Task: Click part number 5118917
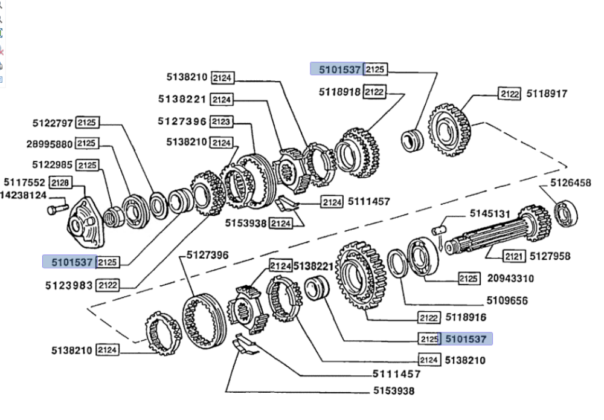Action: tap(547, 94)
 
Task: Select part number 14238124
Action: tap(23, 195)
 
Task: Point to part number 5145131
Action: tap(490, 213)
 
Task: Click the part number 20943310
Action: tap(510, 278)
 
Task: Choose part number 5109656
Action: tap(507, 300)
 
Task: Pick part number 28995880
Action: tap(50, 144)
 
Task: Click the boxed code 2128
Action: tap(60, 183)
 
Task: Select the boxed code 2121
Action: tap(513, 256)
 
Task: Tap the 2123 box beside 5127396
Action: tap(221, 121)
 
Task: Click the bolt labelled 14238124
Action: tap(57, 209)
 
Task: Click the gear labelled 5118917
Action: tap(449, 129)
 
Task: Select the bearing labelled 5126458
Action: tap(566, 213)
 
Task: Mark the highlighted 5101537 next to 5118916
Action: tap(466, 339)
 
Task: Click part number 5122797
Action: tap(53, 123)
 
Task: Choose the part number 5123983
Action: tap(69, 285)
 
